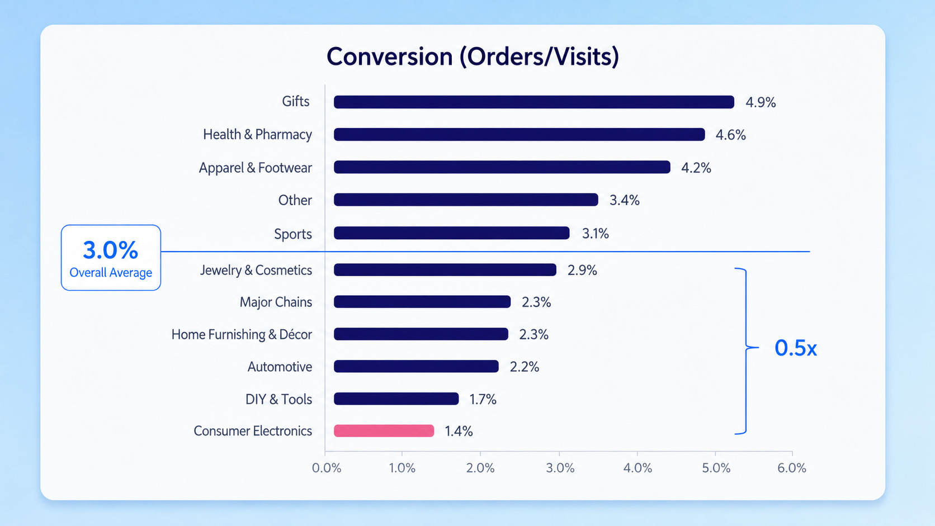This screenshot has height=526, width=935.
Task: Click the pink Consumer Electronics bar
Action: tap(384, 431)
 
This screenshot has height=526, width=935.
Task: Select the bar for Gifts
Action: tap(534, 102)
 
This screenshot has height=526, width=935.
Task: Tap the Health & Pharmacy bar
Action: tap(520, 134)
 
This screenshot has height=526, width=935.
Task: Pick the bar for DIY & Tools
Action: tap(396, 399)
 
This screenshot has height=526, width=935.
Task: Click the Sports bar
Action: tap(452, 233)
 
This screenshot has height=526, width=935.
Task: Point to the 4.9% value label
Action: tap(761, 102)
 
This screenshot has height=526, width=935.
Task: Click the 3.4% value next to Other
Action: tap(625, 200)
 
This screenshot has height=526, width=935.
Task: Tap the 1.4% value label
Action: tap(459, 431)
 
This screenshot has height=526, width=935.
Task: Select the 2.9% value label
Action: tap(582, 271)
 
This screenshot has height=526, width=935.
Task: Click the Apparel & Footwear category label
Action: tap(256, 168)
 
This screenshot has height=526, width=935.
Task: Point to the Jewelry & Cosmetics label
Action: tap(256, 271)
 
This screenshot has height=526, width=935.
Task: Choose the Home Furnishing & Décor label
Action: tap(242, 334)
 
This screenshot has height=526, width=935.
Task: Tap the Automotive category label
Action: tap(280, 367)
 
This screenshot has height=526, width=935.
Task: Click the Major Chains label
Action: tap(276, 302)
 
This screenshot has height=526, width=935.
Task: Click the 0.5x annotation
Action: tap(796, 348)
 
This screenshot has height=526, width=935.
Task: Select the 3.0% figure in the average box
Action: tap(111, 250)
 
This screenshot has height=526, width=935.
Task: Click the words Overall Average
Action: tap(111, 273)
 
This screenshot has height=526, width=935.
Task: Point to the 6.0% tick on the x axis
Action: tap(792, 468)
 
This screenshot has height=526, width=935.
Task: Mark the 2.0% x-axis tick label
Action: tap(480, 468)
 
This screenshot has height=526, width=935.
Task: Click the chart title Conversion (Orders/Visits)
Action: tap(473, 56)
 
